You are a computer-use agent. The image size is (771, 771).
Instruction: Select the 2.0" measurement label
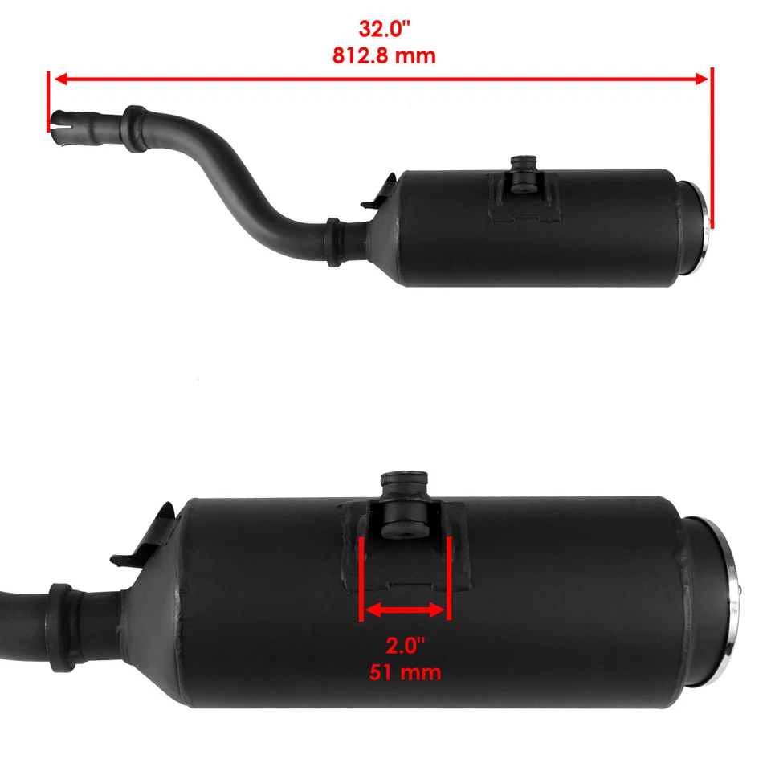pos(405,647)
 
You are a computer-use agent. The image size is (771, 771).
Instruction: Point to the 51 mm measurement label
pos(405,672)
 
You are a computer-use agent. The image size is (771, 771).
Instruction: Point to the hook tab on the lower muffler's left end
pos(153,534)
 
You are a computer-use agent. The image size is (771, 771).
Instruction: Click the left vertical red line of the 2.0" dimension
pos(364,578)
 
